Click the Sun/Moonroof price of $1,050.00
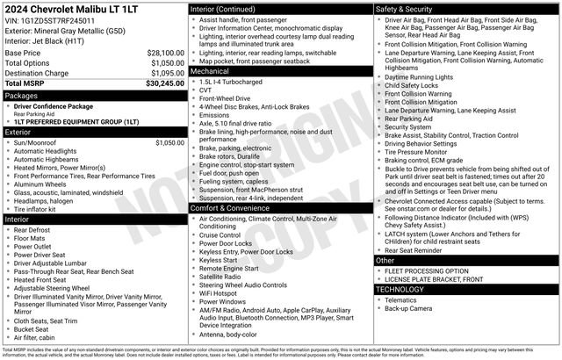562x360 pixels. pyautogui.click(x=169, y=141)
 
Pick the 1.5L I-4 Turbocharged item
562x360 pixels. pyautogui.click(x=234, y=81)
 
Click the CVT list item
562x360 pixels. pyautogui.click(x=207, y=90)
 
